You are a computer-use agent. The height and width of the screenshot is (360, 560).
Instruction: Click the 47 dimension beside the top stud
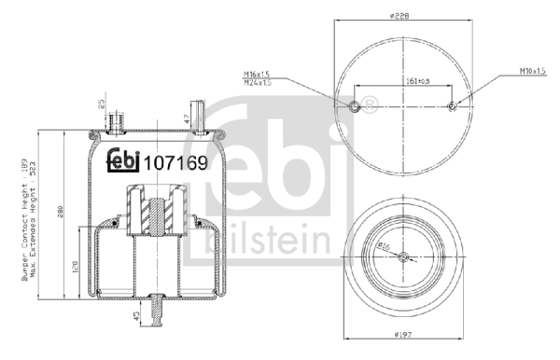(x=188, y=117)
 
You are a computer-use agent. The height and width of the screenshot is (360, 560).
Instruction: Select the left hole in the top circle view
(x=354, y=105)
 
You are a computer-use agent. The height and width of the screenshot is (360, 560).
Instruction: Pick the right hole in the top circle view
(x=453, y=105)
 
